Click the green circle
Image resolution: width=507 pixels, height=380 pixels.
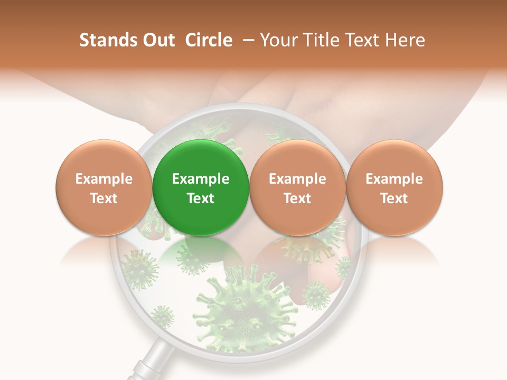[200, 187]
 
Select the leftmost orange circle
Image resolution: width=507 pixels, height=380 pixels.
[104, 187]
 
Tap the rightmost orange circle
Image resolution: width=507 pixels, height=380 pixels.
[394, 187]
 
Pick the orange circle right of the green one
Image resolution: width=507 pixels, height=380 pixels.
[297, 187]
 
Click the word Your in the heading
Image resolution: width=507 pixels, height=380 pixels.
[278, 40]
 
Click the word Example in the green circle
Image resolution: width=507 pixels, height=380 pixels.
[200, 179]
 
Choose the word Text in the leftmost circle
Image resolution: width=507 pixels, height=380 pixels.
[104, 198]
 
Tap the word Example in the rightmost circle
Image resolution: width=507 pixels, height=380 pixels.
[394, 179]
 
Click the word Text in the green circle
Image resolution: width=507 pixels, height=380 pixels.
[200, 198]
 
